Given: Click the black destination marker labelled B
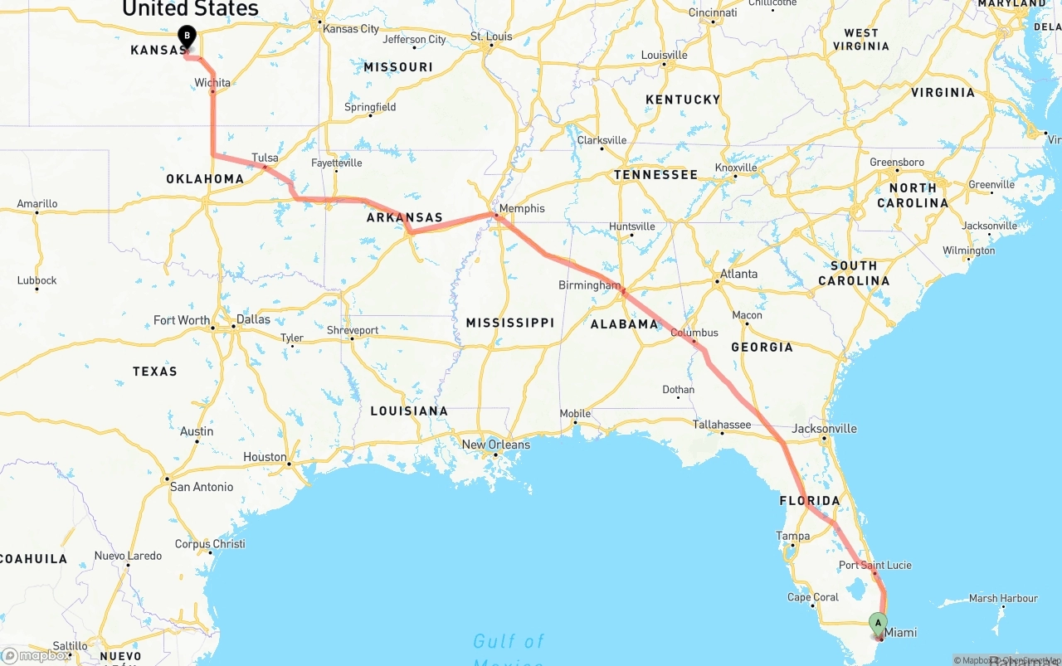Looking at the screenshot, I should click(x=188, y=36).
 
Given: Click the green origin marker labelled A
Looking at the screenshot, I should click(x=878, y=622).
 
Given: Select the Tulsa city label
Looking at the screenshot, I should click(x=265, y=158).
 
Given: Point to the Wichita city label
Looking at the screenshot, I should click(x=212, y=83).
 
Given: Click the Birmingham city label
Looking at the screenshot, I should click(x=589, y=285).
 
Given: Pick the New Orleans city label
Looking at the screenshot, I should click(x=495, y=445).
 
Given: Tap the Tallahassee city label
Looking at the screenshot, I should click(x=722, y=425).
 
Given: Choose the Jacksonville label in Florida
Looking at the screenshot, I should click(x=825, y=429).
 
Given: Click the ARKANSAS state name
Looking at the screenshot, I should click(x=405, y=218).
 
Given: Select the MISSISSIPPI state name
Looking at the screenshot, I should click(x=509, y=323).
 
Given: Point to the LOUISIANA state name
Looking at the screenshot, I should click(x=409, y=411).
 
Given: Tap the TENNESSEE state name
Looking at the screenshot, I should click(x=655, y=175).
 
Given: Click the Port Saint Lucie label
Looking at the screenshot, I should click(x=874, y=566).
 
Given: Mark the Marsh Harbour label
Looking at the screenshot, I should click(x=1003, y=598).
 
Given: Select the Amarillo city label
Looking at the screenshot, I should click(x=37, y=204).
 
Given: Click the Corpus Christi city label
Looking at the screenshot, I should click(x=210, y=544).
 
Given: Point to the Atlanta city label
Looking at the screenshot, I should click(x=738, y=274).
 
